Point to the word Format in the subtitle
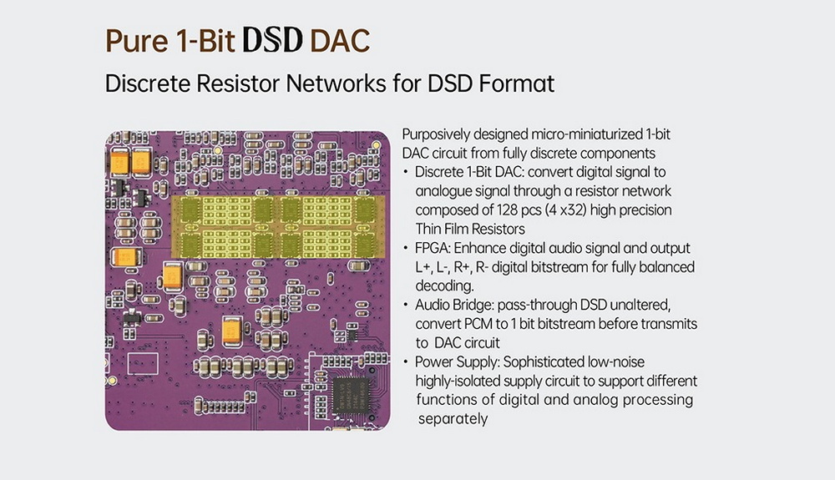click(514, 84)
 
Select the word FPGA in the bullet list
click(433, 249)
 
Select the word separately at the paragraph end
click(452, 418)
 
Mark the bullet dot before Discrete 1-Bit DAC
click(406, 173)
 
